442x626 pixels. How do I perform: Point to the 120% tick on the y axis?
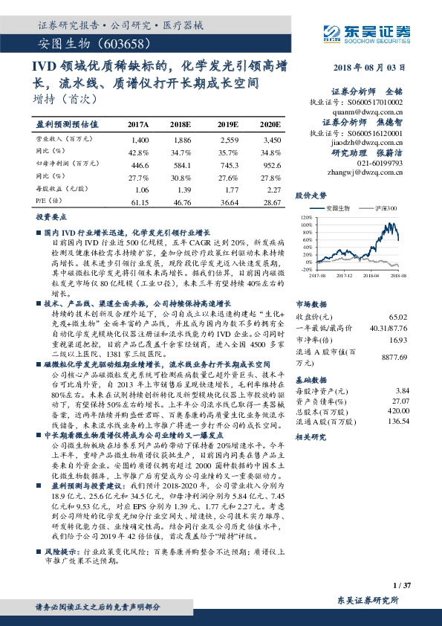click(x=306, y=219)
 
